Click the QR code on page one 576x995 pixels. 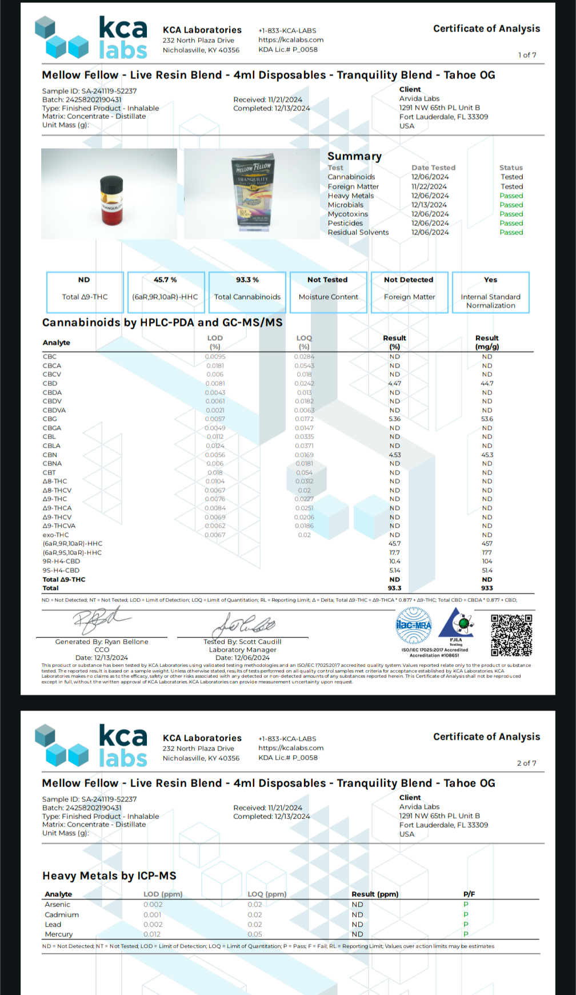coord(511,635)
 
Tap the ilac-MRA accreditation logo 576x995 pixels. coord(414,625)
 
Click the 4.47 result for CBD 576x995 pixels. coord(394,384)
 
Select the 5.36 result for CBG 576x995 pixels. coord(394,419)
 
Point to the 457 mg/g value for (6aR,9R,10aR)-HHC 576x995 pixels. coord(487,544)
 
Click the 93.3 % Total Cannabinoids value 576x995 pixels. coord(247,280)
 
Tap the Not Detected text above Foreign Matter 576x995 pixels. coord(408,280)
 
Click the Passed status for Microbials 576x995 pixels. coord(511,205)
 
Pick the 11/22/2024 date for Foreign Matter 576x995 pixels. coord(429,186)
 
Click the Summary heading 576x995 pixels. coord(354,157)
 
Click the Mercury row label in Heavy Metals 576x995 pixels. coord(59,934)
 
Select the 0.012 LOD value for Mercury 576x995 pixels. coord(152,934)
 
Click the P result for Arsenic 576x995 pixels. coord(466,905)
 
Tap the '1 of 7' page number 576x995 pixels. coord(527,55)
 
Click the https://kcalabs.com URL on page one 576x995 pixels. coord(291,40)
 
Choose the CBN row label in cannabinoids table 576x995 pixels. coord(50,455)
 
